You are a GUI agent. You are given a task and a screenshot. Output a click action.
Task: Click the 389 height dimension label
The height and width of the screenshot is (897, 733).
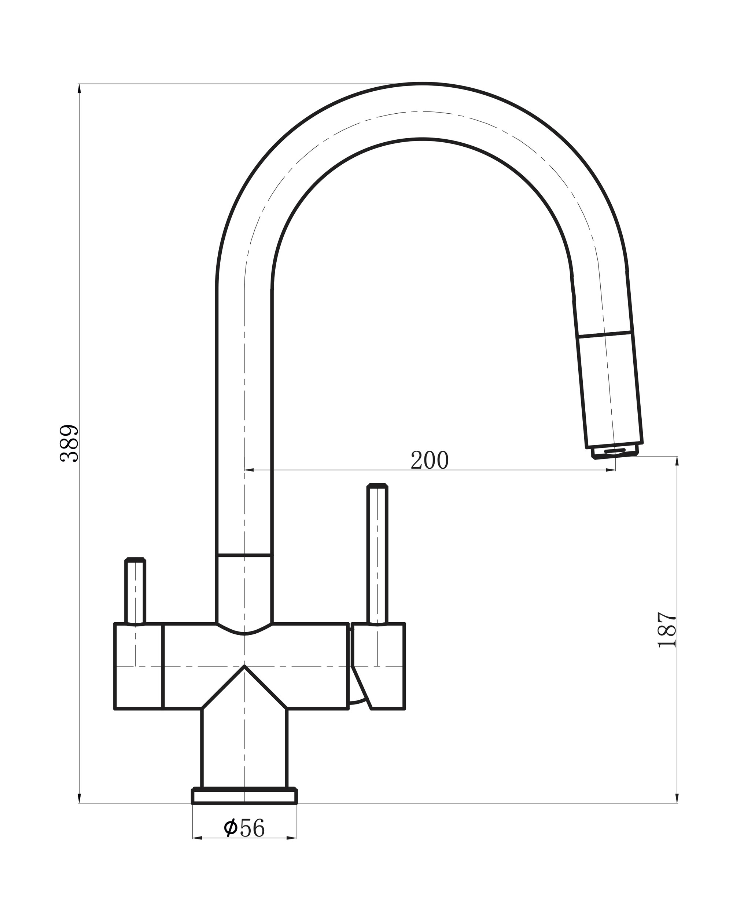(x=69, y=443)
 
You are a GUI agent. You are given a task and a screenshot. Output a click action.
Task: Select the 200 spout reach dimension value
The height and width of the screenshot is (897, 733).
(x=430, y=460)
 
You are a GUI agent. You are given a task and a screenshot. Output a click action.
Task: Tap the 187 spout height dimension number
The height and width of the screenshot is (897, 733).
(x=667, y=635)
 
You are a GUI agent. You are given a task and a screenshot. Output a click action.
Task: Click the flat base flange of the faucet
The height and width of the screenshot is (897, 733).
(x=244, y=796)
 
